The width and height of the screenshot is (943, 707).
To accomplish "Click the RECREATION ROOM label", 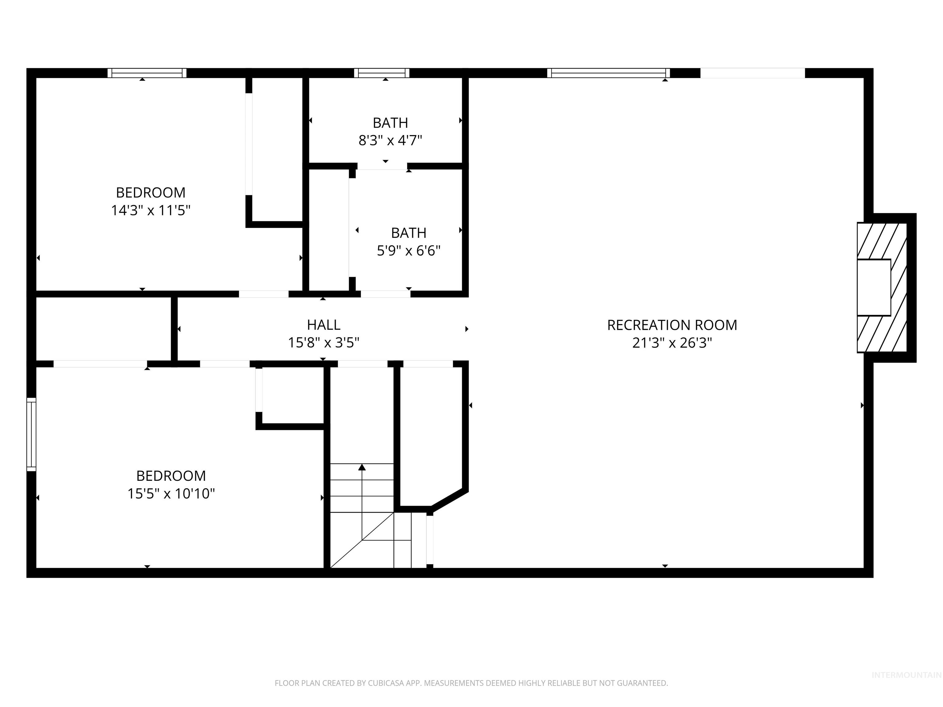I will tap(672, 325).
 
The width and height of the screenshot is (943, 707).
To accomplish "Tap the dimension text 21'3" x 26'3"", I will tap(672, 343).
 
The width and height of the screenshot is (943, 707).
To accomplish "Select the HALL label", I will tap(324, 325).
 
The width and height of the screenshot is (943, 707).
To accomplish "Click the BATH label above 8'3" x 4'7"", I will tap(390, 123).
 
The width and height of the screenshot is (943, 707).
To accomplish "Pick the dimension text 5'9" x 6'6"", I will tap(408, 251).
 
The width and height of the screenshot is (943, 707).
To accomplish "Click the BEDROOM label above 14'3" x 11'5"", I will tap(150, 193).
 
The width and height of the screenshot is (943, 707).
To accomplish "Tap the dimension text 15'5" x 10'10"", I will tap(171, 493).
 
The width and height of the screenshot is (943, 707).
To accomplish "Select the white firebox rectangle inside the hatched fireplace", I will tap(874, 287).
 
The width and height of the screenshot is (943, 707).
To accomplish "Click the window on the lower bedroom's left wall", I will tap(31, 434).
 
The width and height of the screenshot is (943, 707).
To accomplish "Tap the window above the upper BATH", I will tap(382, 73).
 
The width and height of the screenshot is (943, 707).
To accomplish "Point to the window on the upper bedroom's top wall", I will tap(147, 73).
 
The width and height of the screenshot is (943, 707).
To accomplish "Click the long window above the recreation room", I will tap(608, 73).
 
